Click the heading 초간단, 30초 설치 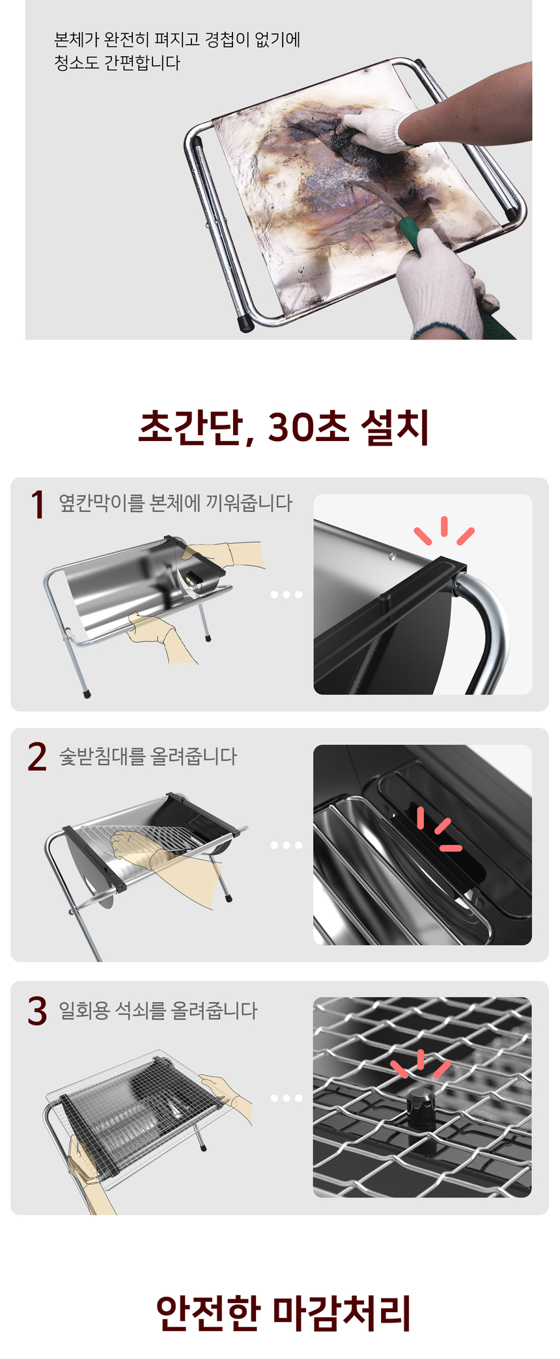pos(283,427)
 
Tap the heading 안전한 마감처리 pos(283,1312)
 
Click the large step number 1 pos(38,505)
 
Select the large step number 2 pos(37,757)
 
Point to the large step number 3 pos(37,1011)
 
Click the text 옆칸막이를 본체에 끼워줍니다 pos(176,503)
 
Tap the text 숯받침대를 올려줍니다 pos(148,756)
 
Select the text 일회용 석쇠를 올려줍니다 pos(158,1010)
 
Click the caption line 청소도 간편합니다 pos(117,63)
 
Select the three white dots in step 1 pos(287,595)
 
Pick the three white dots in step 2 pos(287,845)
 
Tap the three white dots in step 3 pos(287,1098)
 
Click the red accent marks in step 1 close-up pos(445,531)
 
